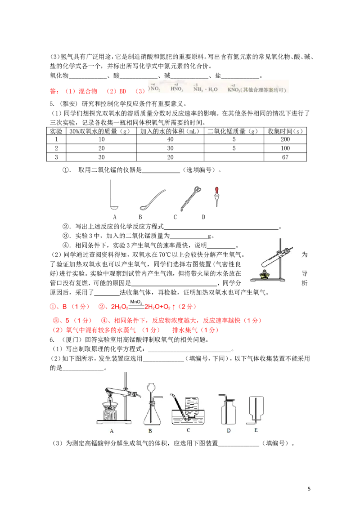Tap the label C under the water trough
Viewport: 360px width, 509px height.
pyautogui.click(x=188, y=430)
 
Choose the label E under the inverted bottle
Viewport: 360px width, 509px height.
pyautogui.click(x=256, y=430)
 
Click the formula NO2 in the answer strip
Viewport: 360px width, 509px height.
pyautogui.click(x=155, y=89)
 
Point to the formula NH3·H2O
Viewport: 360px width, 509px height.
pyautogui.click(x=205, y=89)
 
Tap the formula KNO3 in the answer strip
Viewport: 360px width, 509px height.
pyautogui.click(x=234, y=89)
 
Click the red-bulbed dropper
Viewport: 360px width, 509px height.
pyautogui.click(x=218, y=195)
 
